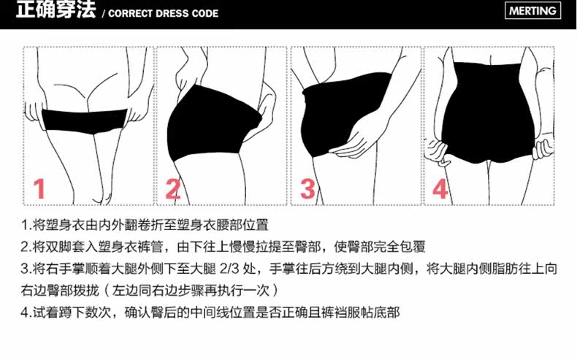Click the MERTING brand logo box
tap(533, 11)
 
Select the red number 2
tap(172, 188)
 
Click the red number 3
tap(307, 188)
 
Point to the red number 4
tap(440, 188)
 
